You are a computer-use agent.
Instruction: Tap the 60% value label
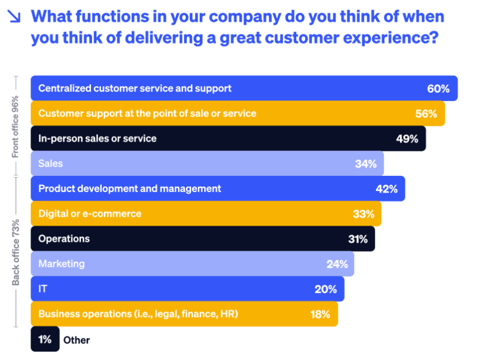pos(438,89)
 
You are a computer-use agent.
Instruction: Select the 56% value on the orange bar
pos(426,113)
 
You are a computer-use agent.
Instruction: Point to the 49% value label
pos(407,139)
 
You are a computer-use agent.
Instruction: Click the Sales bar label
pos(51,163)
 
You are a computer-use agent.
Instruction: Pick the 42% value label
pos(387,189)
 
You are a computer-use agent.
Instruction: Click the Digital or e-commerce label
pos(90,213)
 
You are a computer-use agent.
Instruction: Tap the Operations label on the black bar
pos(64,239)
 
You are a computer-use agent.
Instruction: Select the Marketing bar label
pos(61,263)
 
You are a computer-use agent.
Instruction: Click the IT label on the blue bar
pos(43,289)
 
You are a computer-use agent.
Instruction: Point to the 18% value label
pos(320,314)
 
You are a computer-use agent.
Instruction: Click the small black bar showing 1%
pos(45,339)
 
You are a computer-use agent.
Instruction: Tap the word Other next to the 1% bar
pos(76,340)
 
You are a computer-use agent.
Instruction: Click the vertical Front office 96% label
pos(16,126)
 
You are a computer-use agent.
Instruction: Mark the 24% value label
pos(336,264)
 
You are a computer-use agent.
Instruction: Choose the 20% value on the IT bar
pos(325,289)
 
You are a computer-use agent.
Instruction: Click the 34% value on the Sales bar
pos(366,164)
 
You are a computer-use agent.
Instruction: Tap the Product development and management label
pos(130,189)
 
